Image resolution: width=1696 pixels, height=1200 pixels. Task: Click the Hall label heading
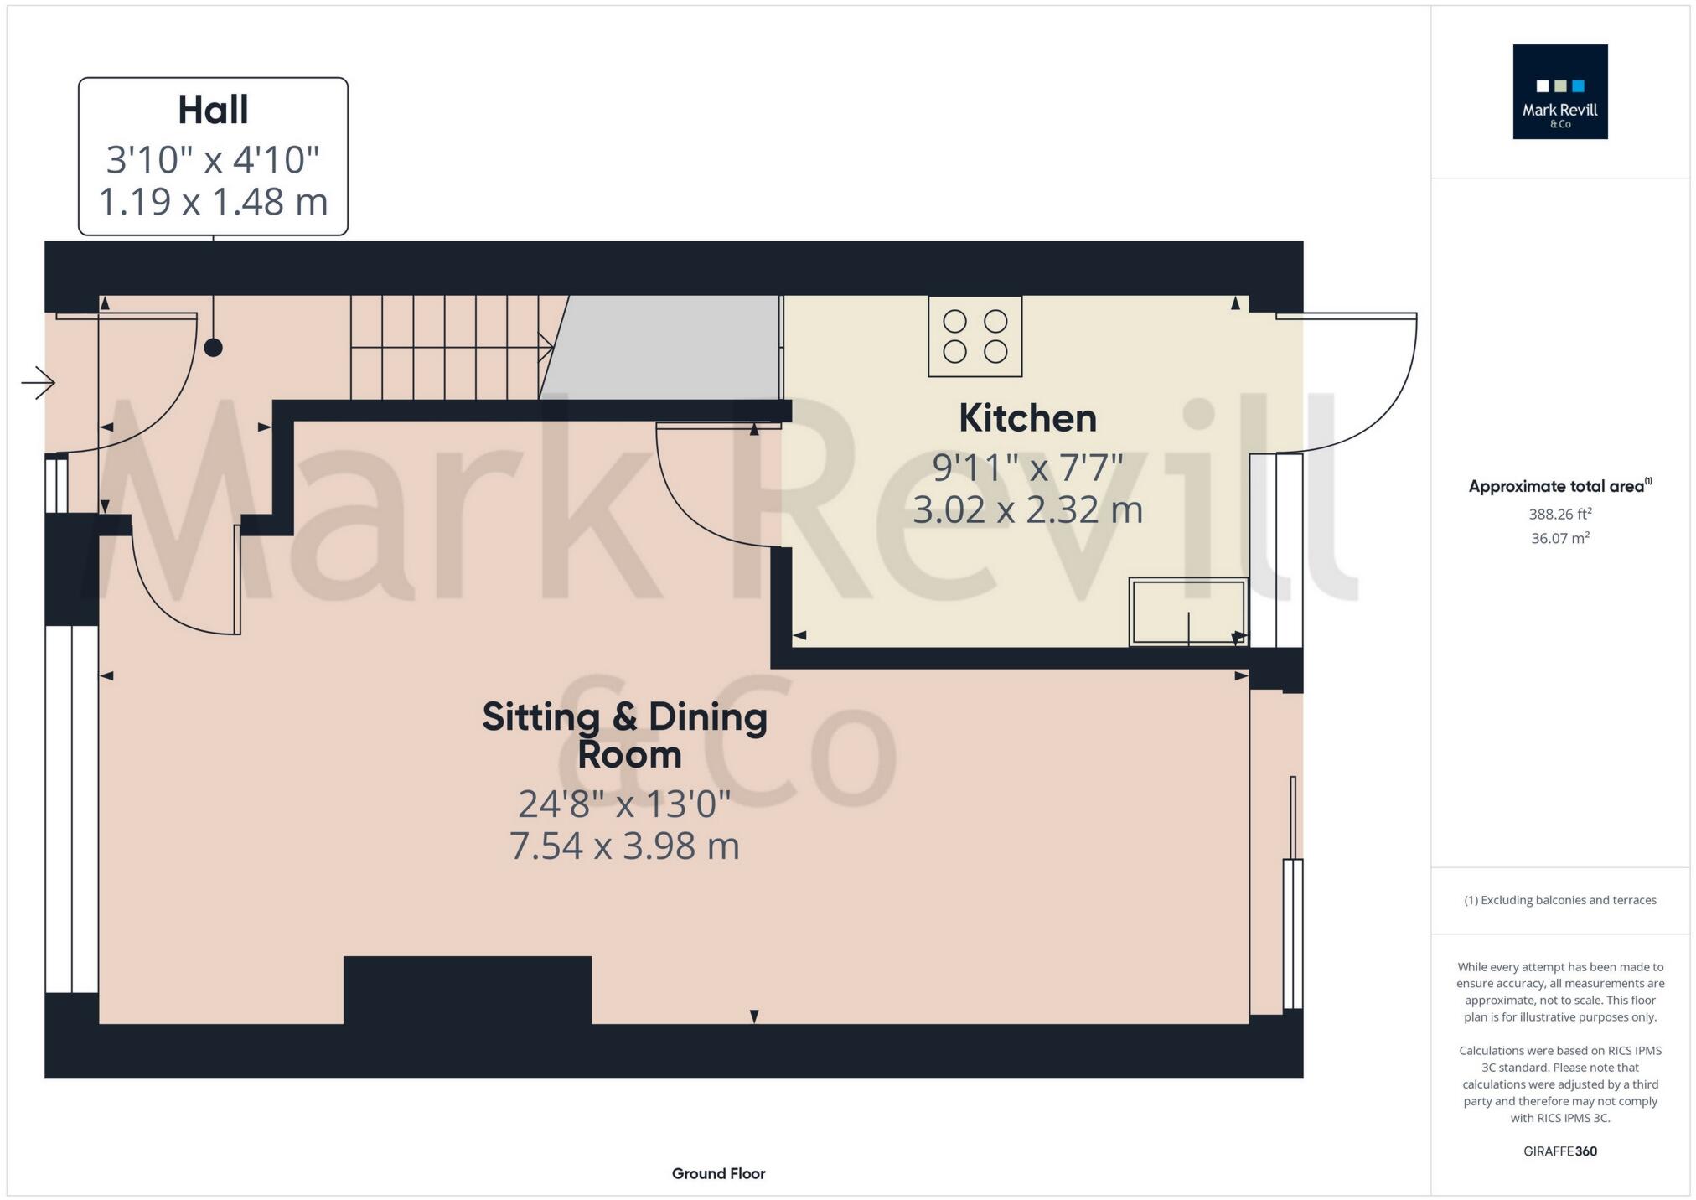click(213, 111)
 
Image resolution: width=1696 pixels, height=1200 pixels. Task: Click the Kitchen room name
click(1027, 418)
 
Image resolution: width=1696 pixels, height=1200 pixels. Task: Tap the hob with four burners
click(975, 336)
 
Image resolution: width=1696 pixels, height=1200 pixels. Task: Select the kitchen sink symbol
click(1187, 612)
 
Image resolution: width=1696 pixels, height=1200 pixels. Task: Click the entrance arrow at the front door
click(38, 383)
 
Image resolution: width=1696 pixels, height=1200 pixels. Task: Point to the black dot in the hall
click(214, 347)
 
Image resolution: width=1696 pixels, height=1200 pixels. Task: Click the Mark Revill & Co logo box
click(1559, 92)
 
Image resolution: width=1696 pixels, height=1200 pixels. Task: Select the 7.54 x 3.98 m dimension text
click(624, 846)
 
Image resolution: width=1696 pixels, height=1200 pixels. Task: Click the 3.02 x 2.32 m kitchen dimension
click(1027, 509)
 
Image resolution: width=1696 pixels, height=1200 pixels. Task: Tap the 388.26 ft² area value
click(1559, 514)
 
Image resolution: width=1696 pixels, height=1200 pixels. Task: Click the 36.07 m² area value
click(1559, 538)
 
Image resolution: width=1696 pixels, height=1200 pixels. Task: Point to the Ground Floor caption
click(718, 1173)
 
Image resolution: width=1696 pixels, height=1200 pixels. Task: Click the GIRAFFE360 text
click(1559, 1151)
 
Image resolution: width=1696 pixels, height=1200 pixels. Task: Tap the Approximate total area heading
click(1559, 486)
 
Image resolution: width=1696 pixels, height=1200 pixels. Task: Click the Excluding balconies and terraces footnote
click(1559, 900)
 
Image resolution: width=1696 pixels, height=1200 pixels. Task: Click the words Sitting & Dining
click(624, 717)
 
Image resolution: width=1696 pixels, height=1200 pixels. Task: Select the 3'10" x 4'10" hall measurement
click(213, 159)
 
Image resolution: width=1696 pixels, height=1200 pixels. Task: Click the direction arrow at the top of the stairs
click(546, 345)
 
